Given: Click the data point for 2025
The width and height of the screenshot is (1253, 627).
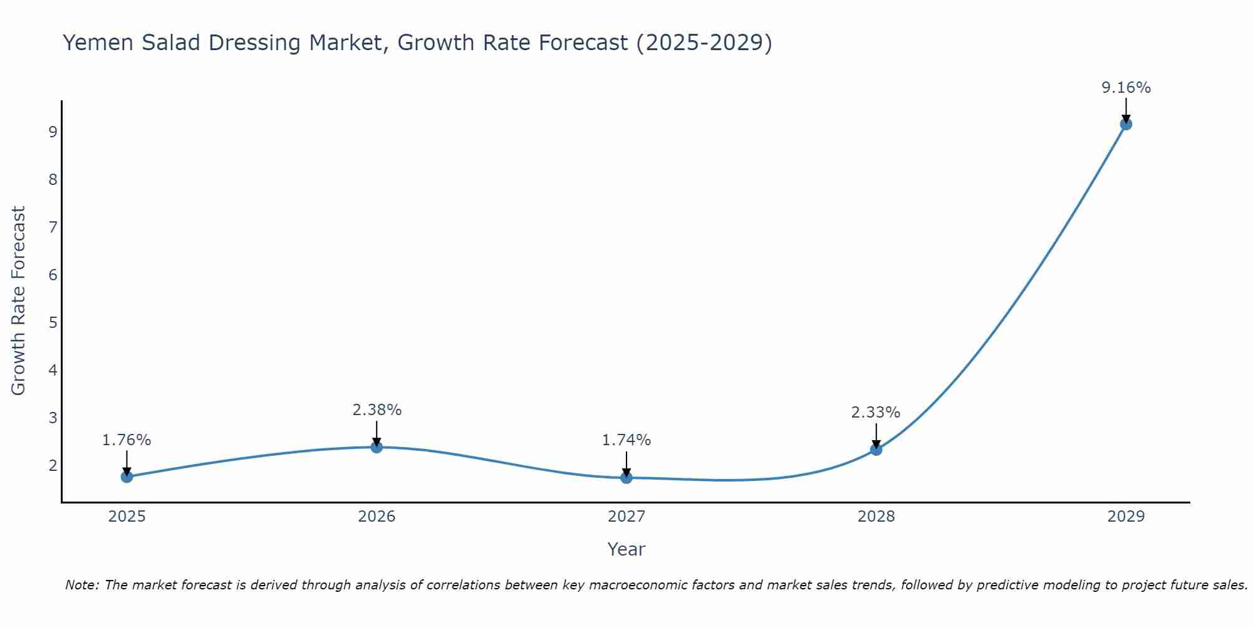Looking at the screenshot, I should click(x=127, y=477).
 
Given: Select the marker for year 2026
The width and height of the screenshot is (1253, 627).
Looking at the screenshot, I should click(x=377, y=447).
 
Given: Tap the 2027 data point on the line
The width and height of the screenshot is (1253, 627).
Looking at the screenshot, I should click(x=626, y=478).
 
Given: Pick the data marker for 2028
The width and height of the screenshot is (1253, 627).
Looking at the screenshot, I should click(x=876, y=450).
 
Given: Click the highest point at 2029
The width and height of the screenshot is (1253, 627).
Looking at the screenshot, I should click(x=1126, y=124).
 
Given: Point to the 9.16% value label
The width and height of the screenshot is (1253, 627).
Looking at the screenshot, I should click(x=1126, y=88).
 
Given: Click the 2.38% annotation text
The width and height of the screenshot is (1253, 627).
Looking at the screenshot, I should click(x=377, y=410).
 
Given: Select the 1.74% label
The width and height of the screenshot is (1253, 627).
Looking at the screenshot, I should click(x=626, y=440).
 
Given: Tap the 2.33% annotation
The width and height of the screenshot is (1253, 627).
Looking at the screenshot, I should click(x=875, y=413).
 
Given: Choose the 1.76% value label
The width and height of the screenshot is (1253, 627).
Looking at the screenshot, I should click(x=127, y=440).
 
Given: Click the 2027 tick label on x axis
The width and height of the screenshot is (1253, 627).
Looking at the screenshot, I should click(x=626, y=517).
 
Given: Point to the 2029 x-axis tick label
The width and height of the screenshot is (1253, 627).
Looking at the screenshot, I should click(x=1126, y=517).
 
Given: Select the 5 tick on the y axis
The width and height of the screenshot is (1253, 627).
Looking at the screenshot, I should click(x=53, y=322).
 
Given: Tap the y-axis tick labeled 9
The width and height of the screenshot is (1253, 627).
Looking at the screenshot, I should click(x=53, y=132).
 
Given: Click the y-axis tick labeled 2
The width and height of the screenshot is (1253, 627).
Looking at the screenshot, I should click(x=53, y=465).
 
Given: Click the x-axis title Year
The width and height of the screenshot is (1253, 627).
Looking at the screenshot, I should click(x=626, y=549).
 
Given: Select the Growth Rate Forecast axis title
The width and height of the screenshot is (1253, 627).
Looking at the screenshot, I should click(x=19, y=301).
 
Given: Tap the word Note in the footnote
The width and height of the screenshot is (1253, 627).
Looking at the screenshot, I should click(x=81, y=585).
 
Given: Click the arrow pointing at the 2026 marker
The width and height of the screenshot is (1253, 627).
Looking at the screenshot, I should click(x=377, y=433).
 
